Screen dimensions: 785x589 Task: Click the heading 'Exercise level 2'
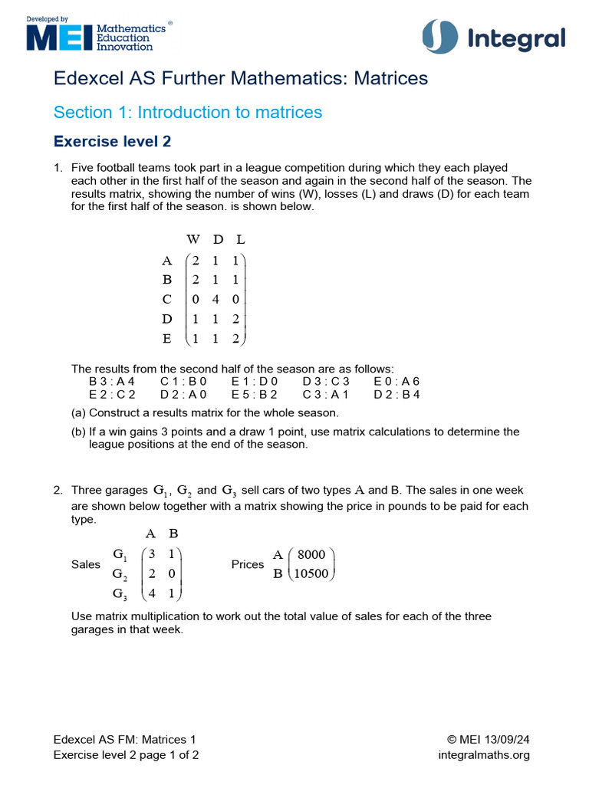click(112, 142)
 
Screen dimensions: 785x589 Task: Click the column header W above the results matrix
click(192, 240)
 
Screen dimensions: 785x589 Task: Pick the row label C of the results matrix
click(167, 299)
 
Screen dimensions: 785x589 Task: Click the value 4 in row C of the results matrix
click(216, 299)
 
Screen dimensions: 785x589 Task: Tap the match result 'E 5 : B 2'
click(254, 395)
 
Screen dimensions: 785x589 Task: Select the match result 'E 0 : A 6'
click(397, 381)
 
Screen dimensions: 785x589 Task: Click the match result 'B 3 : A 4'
click(111, 381)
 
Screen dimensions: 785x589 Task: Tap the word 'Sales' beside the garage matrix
click(85, 565)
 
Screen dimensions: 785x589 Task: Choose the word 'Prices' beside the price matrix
click(247, 565)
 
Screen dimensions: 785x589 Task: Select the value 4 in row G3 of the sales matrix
click(152, 593)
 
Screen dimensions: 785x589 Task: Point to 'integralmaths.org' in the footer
click(484, 755)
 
